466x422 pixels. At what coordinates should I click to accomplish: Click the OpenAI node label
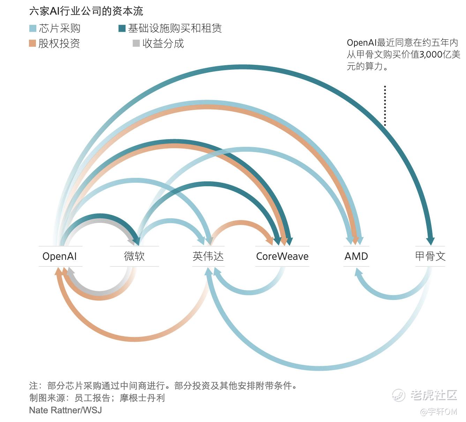(59, 256)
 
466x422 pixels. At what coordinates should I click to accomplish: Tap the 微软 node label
(134, 256)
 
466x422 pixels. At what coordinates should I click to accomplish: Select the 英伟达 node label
(208, 256)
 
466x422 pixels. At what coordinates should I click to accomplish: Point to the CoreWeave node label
(282, 256)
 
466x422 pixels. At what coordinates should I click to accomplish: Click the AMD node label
(356, 256)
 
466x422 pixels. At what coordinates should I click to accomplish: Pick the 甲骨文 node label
(430, 256)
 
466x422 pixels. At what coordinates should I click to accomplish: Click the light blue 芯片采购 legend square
(33, 28)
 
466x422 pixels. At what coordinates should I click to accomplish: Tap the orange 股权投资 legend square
(32, 43)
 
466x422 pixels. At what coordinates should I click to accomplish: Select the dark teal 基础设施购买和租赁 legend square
(122, 28)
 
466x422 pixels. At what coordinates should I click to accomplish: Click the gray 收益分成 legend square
(136, 43)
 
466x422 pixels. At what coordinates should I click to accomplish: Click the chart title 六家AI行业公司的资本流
(86, 11)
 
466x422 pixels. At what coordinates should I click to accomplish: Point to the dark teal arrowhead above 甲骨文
(430, 241)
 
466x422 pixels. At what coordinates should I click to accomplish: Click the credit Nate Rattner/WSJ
(66, 410)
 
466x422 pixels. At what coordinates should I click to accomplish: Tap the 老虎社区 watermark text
(433, 395)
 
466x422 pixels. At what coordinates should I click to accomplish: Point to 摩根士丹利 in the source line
(142, 398)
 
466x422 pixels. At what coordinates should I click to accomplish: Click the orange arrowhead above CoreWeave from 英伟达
(270, 241)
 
